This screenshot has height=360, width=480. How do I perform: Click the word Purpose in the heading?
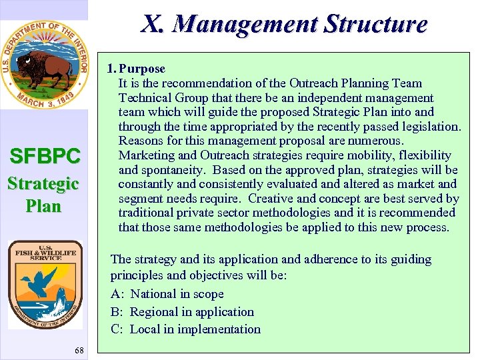[142, 69]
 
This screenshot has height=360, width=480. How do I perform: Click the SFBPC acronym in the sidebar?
[45, 157]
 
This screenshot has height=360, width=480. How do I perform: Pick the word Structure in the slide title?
[376, 24]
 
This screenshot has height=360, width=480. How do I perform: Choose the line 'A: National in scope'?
[167, 294]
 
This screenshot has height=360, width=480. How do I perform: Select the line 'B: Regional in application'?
[182, 311]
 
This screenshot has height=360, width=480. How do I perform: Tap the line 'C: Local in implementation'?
[185, 329]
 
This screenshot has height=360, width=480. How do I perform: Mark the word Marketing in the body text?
[145, 155]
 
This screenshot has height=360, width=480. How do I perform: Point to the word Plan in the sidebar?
[44, 206]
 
